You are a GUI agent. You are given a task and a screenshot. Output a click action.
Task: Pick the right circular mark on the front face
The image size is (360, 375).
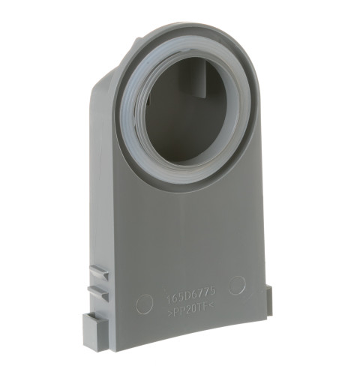[236, 285]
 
